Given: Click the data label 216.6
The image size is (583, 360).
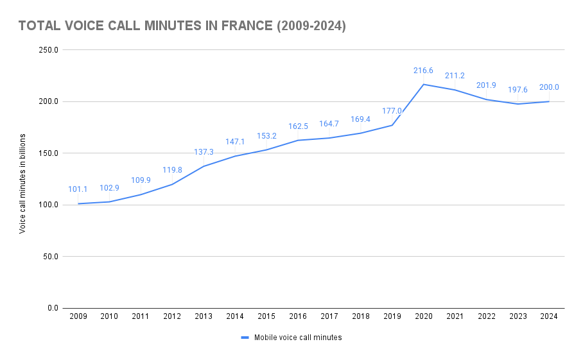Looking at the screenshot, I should tap(424, 71).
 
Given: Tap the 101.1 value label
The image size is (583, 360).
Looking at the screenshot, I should tap(78, 189).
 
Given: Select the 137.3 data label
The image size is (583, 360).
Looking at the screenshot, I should tap(204, 152).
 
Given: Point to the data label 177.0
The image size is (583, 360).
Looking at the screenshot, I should tap(392, 111).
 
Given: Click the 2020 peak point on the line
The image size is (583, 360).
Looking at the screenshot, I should tap(424, 84).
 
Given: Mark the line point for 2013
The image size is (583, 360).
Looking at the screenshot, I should tap(204, 166).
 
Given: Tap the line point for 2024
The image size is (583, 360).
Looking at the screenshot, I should tap(549, 101).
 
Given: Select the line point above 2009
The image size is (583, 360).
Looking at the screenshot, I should tap(78, 203).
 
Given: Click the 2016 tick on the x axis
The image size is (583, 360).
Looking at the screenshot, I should tap(298, 316).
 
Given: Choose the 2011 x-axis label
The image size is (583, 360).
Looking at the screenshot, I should tap(141, 316).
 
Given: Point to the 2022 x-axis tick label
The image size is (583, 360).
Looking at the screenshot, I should tap(486, 316).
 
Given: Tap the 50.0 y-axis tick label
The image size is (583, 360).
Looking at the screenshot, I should tap(51, 257).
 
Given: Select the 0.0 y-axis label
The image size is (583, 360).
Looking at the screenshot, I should tap(53, 308).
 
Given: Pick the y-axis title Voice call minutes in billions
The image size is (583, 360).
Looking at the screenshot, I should tap(22, 184).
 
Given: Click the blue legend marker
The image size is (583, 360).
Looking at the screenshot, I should tap(245, 338).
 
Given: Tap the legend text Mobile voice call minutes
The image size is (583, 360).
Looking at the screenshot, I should tap(298, 338).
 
